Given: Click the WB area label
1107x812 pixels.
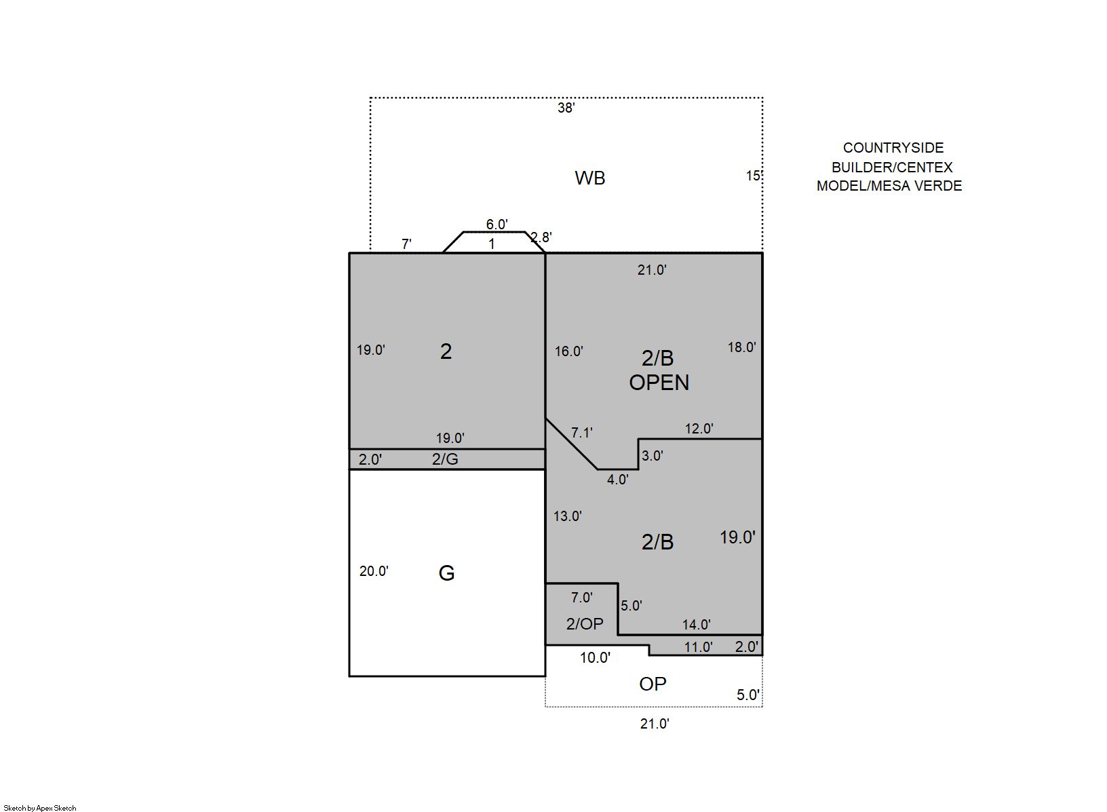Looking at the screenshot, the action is click(x=590, y=178).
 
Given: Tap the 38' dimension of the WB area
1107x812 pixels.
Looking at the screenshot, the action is click(x=566, y=108).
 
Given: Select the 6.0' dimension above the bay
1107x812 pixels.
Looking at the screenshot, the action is click(x=497, y=225).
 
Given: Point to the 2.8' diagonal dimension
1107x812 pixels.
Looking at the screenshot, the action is click(x=541, y=237).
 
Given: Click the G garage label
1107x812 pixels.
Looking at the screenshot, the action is click(x=446, y=573).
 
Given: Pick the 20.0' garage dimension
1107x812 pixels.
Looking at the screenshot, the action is click(x=374, y=571).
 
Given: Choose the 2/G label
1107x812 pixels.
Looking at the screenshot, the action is click(x=445, y=459).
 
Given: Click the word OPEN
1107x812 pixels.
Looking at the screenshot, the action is click(x=659, y=383).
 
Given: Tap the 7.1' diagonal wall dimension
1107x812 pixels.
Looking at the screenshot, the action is click(x=582, y=433).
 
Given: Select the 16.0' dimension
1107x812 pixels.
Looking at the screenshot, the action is click(x=569, y=351).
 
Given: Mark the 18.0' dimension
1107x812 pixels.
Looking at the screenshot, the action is click(x=742, y=347).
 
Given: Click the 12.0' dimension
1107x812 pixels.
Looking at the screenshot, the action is click(x=699, y=429).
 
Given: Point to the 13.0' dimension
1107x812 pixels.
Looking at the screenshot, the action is click(x=567, y=516).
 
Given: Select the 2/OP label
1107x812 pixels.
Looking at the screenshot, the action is click(x=585, y=623).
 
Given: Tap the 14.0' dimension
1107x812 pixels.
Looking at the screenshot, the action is click(x=697, y=625).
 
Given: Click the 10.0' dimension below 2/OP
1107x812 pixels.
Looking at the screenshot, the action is click(x=595, y=658).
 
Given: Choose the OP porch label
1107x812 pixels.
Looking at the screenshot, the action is click(x=653, y=684).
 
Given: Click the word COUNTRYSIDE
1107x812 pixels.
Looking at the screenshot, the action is click(x=893, y=148).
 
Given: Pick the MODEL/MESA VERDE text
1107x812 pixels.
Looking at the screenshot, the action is click(x=889, y=186).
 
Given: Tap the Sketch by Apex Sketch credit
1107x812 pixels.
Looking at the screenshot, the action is click(x=40, y=808).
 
